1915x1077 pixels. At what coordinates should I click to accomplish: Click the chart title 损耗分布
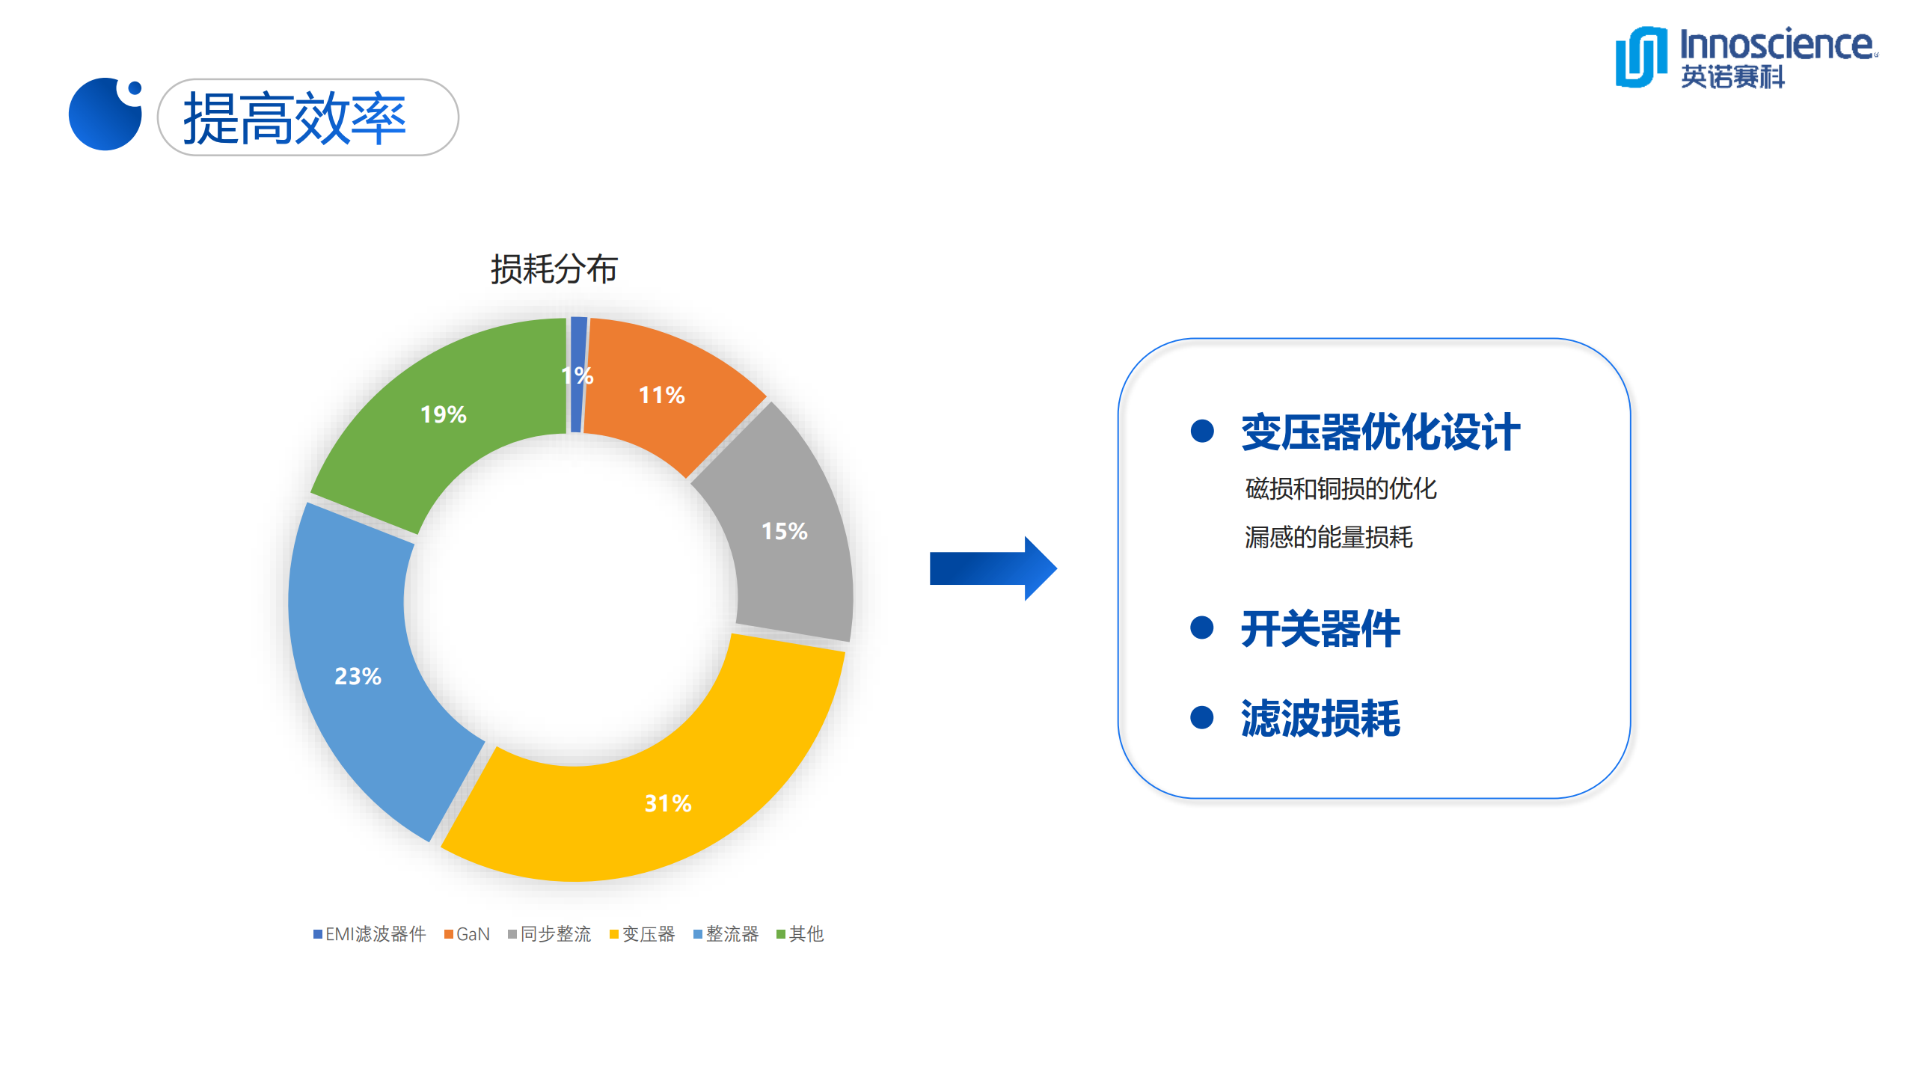tap(554, 269)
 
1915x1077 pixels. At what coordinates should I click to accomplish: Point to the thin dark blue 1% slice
tap(578, 374)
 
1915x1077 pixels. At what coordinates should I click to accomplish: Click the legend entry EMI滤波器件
tap(370, 934)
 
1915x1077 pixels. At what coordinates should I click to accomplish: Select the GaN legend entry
tap(468, 934)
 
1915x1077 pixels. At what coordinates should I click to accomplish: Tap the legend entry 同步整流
tap(550, 934)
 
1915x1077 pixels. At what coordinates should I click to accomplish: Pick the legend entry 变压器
tap(643, 934)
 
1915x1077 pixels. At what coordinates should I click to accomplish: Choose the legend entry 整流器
tap(726, 934)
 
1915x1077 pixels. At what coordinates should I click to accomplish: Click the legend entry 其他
tap(800, 934)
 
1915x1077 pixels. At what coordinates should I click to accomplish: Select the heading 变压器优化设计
tap(1380, 432)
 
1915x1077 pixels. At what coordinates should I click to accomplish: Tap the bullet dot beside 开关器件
tap(1201, 628)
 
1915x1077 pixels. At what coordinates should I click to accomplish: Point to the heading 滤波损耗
tap(1320, 718)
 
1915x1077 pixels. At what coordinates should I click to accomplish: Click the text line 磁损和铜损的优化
tap(1340, 488)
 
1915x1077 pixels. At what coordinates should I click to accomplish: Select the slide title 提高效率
tap(295, 117)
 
